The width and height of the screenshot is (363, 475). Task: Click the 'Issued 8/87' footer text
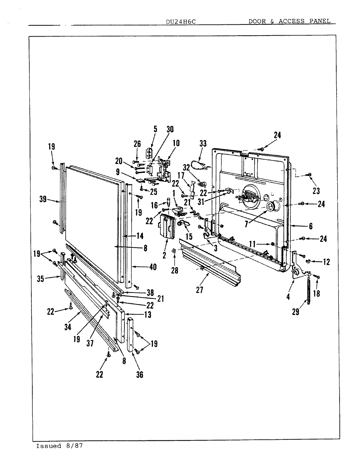coord(59,446)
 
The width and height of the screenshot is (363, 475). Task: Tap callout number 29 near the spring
coord(296,311)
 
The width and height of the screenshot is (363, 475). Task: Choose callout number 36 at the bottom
coord(140,374)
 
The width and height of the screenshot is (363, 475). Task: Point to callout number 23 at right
coord(316,191)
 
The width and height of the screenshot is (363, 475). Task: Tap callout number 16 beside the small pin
coord(154,206)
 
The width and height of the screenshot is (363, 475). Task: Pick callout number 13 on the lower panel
coord(148,315)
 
